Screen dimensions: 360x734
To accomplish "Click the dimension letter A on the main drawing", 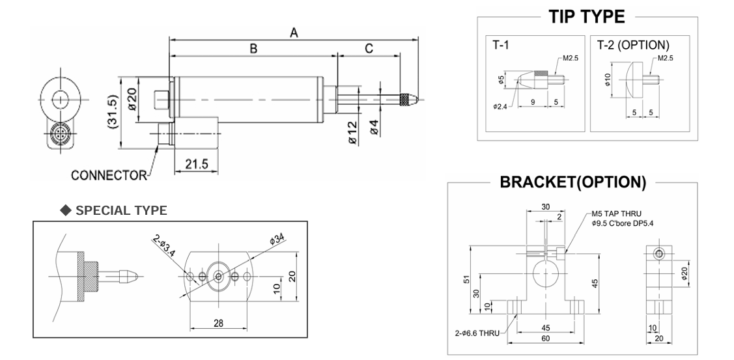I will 294,33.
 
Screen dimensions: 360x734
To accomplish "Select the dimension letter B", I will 253,48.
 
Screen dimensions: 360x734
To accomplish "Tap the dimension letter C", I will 369,48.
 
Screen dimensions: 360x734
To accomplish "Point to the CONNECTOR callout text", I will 109,175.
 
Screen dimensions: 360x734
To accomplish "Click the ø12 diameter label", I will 351,132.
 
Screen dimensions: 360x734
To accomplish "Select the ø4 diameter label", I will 374,128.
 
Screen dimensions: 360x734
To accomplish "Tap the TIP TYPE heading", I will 587,17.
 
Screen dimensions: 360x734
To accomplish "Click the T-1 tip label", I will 502,46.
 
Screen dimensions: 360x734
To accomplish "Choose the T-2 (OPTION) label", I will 633,46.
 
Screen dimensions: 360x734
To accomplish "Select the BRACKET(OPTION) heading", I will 572,182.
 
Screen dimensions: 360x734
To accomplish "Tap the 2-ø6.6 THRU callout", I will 477,333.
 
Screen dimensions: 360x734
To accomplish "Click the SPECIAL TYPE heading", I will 121,210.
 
